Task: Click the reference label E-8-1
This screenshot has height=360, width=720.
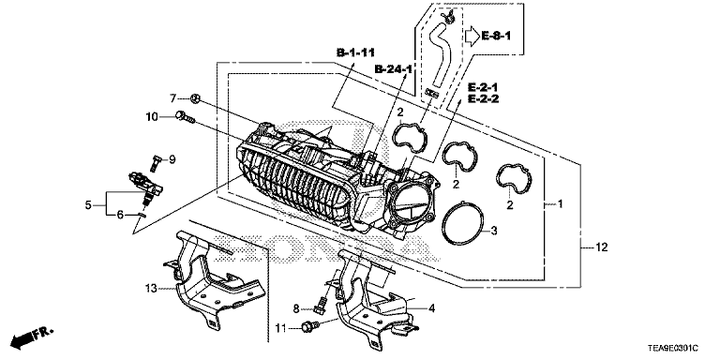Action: (x=496, y=37)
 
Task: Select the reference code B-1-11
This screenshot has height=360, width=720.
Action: (x=355, y=53)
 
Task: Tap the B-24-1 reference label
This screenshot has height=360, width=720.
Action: (x=394, y=69)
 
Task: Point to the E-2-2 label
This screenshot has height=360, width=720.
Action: (x=483, y=98)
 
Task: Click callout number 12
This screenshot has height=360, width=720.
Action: (x=602, y=247)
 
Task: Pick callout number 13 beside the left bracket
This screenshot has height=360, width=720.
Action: (x=151, y=289)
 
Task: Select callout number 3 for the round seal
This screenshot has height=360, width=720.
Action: (x=494, y=231)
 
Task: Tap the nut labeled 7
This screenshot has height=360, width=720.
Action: (x=195, y=97)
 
